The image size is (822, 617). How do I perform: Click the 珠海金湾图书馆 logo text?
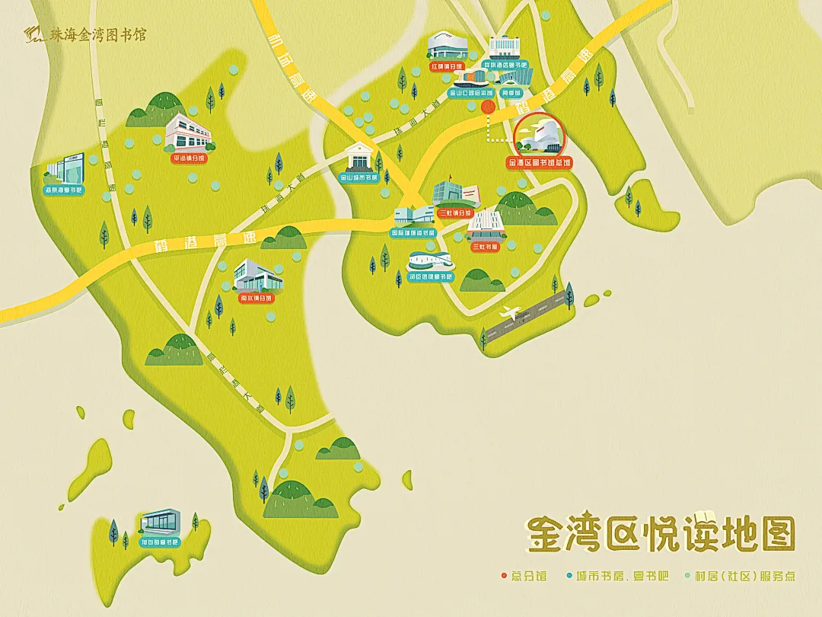click(94, 35)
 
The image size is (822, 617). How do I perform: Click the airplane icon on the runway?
click(511, 312)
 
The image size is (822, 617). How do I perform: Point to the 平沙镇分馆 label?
click(188, 159)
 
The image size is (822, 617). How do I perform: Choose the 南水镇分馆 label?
click(256, 299)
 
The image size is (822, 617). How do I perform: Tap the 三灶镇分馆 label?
click(455, 213)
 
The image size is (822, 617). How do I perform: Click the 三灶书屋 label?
click(485, 247)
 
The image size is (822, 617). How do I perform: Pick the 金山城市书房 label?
click(359, 180)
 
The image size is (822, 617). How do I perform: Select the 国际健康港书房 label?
click(414, 232)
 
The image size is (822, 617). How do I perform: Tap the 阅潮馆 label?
click(511, 93)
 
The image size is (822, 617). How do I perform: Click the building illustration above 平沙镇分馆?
click(188, 133)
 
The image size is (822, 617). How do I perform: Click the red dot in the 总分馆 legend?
click(503, 577)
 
